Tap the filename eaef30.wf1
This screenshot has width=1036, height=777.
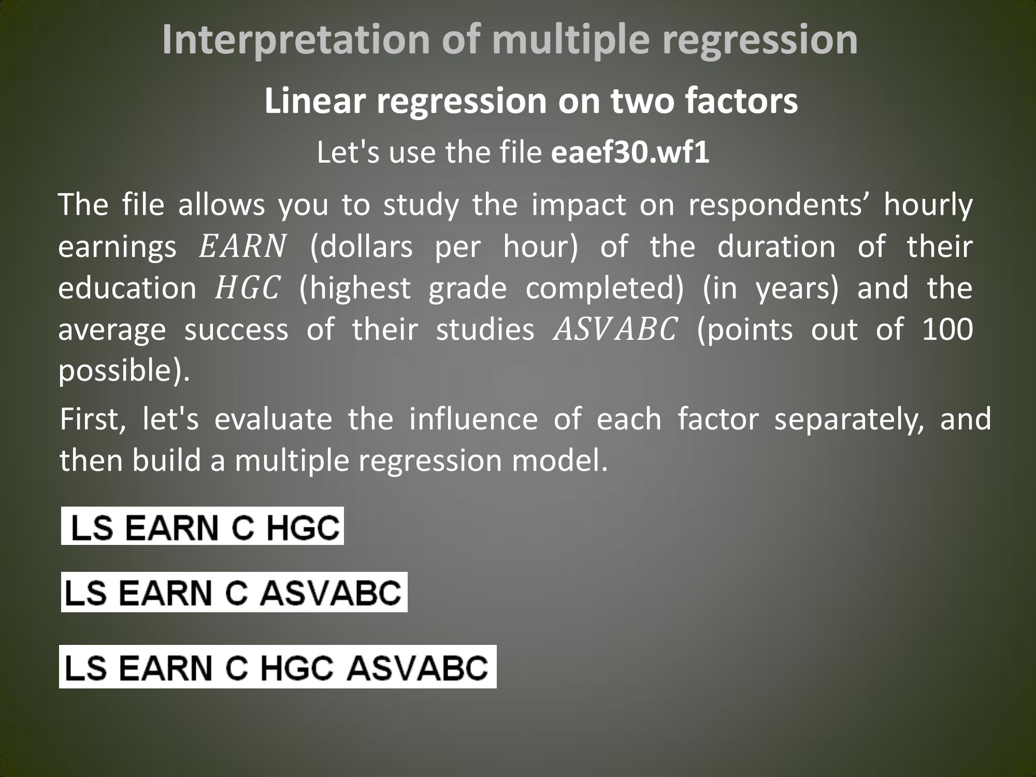coord(630,153)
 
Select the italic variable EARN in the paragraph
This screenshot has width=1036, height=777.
coord(242,247)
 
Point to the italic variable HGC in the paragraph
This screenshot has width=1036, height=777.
coord(247,288)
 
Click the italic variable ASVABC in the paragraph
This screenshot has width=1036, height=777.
coord(615,329)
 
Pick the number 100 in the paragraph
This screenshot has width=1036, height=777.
coord(947,329)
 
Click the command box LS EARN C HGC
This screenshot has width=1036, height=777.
coord(203,526)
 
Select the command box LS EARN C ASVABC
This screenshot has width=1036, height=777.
coord(234,592)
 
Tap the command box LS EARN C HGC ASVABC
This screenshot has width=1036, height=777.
coord(278,666)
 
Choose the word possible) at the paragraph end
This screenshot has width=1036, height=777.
coord(124,371)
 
